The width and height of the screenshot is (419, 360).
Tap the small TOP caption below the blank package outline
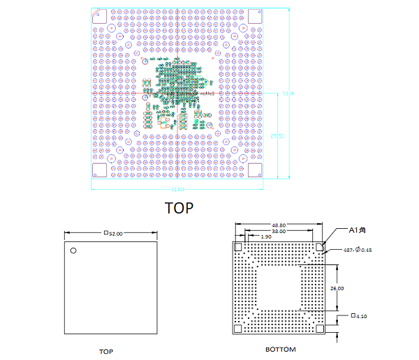tap(105, 352)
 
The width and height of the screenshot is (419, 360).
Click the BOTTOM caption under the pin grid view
tap(281, 350)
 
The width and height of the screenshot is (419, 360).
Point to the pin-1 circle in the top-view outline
tap(73, 250)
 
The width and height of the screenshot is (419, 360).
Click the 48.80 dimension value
tap(279, 225)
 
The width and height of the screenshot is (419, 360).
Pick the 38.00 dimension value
tap(279, 230)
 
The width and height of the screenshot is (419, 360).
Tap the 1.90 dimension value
tap(265, 237)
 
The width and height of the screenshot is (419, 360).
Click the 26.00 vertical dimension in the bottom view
tap(337, 287)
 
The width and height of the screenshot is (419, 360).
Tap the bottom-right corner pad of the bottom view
tap(321, 329)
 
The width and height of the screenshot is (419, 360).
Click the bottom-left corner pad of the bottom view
tap(238, 329)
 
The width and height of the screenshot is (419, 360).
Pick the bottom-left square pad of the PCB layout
tap(99, 170)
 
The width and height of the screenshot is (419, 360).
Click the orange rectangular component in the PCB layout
tap(166, 122)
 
